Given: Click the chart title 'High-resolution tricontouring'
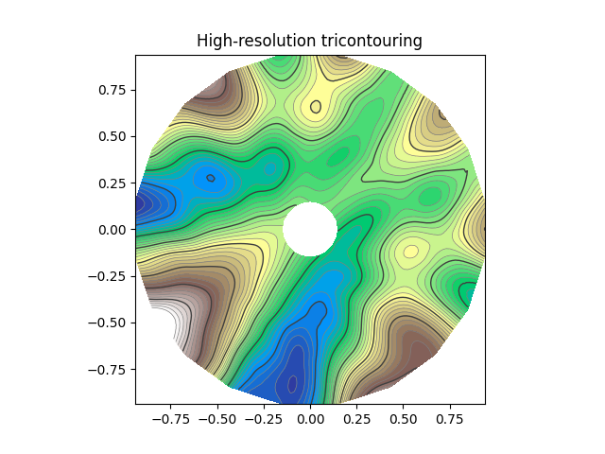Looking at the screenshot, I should pyautogui.click(x=309, y=41).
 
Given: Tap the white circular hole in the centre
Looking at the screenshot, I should pyautogui.click(x=310, y=229).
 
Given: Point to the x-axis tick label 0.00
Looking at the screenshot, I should pyautogui.click(x=310, y=415).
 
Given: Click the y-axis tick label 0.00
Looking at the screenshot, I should pyautogui.click(x=112, y=229).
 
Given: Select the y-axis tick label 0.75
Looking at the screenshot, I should pyautogui.click(x=112, y=90).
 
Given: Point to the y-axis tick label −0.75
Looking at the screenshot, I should pyautogui.click(x=108, y=369).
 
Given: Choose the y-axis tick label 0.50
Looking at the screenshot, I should pyautogui.click(x=112, y=136).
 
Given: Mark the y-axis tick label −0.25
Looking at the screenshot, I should pyautogui.click(x=108, y=276).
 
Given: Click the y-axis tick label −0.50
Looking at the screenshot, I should pyautogui.click(x=108, y=323).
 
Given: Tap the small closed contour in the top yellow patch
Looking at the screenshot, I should pyautogui.click(x=316, y=107).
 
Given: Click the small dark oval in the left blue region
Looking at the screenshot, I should pyautogui.click(x=211, y=178).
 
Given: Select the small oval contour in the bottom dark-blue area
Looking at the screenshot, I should pyautogui.click(x=292, y=383).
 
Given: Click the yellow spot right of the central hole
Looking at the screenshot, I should pyautogui.click(x=410, y=252).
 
